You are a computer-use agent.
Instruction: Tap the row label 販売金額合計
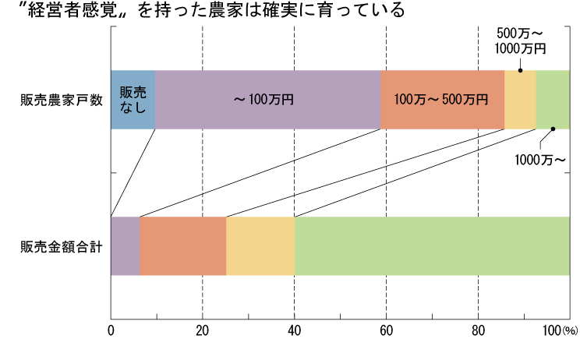point(62,247)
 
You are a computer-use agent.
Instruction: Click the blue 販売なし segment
point(133,99)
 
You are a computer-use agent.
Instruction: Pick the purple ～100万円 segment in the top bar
point(267,99)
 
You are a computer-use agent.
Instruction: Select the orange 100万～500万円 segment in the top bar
point(442,99)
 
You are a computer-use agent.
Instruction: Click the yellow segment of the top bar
point(520,99)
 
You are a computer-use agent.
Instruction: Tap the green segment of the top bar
point(553,99)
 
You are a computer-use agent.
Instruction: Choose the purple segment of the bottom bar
point(126,245)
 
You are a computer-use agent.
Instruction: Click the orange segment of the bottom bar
point(183,245)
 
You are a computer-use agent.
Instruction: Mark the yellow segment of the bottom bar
point(260,245)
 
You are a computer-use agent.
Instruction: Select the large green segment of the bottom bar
point(432,245)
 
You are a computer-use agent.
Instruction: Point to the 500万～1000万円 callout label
point(520,41)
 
